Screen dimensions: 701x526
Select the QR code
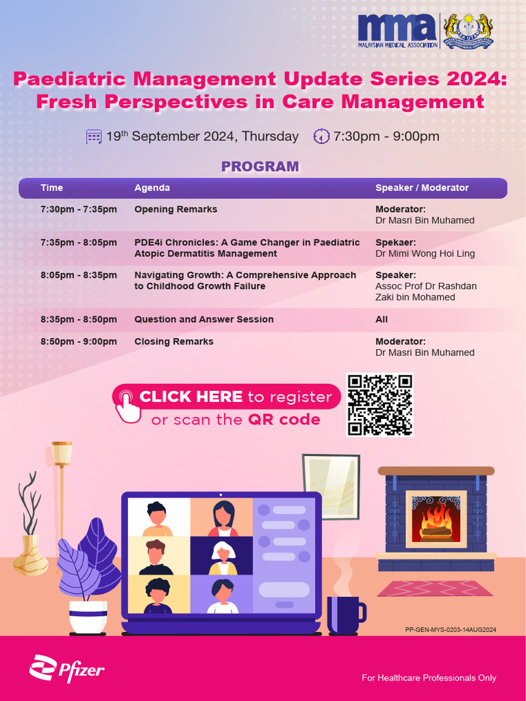[379, 405]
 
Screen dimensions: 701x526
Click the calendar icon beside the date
[94, 136]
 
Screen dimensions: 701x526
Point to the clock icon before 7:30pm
[321, 136]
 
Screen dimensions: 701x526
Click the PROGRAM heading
[260, 166]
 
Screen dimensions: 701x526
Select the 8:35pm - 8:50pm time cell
[79, 320]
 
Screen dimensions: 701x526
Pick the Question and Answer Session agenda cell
[203, 320]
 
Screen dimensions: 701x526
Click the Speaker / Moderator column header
[422, 188]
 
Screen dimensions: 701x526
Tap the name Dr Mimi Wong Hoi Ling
[425, 254]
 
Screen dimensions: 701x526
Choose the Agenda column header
[152, 188]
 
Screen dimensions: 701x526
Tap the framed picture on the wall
[331, 485]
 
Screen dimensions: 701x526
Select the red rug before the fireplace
[435, 588]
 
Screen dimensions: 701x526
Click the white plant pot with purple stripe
[88, 616]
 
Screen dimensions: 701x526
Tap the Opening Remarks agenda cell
[175, 209]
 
